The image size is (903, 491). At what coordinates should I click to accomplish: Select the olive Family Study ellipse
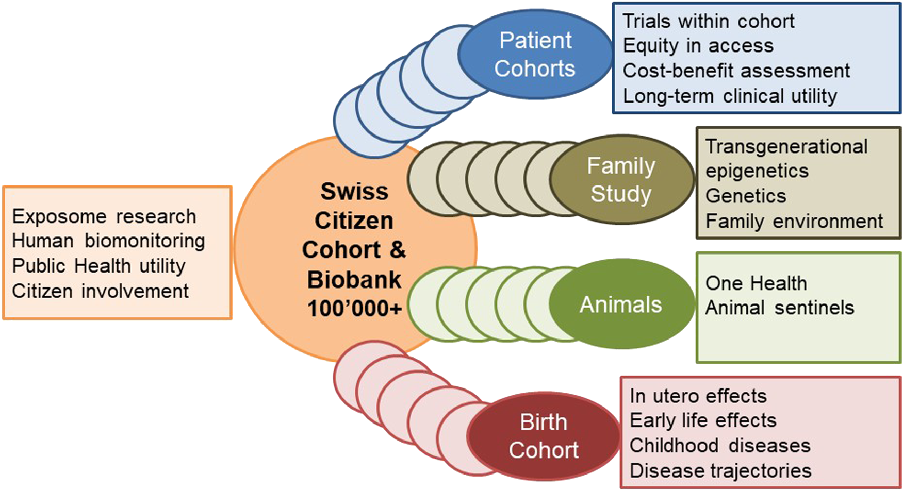[621, 179]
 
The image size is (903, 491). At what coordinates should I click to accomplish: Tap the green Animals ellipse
[621, 304]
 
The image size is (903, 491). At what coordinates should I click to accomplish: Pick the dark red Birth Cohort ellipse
[543, 436]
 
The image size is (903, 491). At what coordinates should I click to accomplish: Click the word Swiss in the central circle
[354, 192]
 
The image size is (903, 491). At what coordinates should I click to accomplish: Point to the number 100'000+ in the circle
[354, 309]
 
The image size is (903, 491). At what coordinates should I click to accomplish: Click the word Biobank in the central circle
[354, 280]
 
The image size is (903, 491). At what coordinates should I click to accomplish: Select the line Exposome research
[104, 217]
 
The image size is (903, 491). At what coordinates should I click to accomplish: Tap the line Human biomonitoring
[108, 241]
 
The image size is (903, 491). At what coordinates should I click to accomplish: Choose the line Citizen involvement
[101, 291]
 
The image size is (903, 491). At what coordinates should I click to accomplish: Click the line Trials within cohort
[709, 21]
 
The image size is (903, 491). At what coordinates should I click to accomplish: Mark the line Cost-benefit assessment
[736, 71]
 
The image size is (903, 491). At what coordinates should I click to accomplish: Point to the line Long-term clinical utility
[730, 96]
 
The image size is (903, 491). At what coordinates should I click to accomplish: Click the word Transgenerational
[786, 146]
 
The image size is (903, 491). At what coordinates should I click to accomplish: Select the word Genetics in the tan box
[746, 196]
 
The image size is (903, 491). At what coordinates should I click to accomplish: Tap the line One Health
[756, 283]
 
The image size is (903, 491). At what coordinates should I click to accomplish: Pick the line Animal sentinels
[780, 308]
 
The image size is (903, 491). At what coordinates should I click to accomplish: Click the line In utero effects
[698, 396]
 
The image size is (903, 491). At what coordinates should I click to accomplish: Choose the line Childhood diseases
[720, 445]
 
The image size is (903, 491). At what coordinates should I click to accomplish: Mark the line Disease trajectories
[720, 470]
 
